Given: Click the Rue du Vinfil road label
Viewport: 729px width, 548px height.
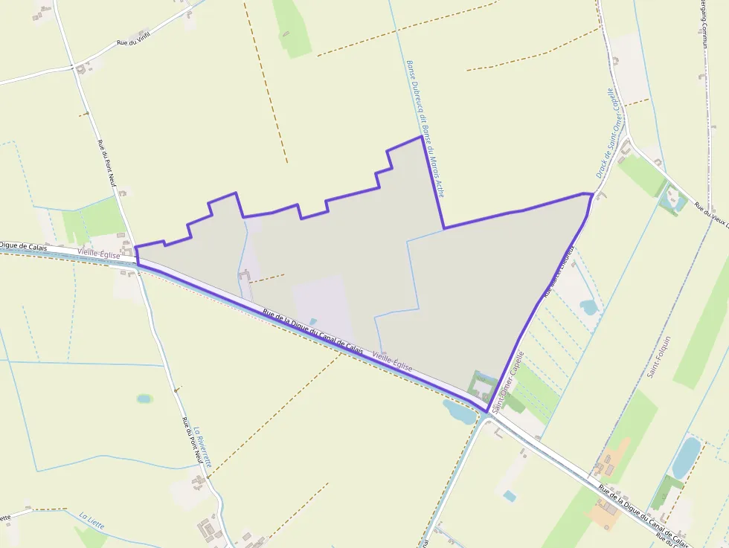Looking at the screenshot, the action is point(133,39).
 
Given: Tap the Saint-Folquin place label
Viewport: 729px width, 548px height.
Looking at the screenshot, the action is point(659,357).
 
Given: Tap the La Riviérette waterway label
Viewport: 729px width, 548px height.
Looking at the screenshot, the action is point(202,446).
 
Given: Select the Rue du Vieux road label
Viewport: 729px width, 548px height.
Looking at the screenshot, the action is point(710,216).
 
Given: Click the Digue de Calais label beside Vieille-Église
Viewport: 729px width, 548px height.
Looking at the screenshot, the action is point(23,246).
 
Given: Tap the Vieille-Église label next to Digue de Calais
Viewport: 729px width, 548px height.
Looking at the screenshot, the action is point(98,254).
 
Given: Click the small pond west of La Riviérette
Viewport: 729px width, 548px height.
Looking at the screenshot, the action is point(144,399).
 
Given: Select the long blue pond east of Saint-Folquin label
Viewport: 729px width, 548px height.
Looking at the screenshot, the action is point(686,457).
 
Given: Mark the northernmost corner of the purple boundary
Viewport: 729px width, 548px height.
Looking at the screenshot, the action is point(422,136).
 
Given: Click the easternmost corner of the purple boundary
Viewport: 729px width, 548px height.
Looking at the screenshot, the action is point(593,195).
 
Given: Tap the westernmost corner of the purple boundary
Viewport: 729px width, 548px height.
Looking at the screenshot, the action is point(135,247).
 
